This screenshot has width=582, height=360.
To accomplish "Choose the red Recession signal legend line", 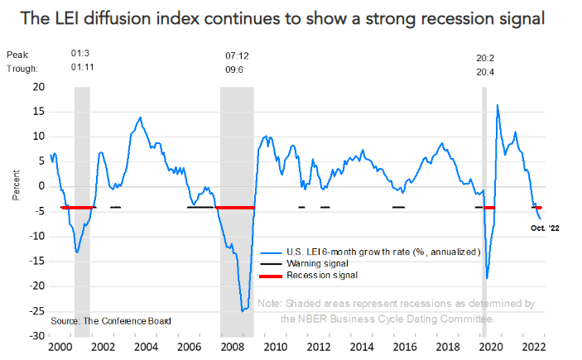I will click(x=271, y=274).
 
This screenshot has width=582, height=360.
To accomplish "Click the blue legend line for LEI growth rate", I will click(x=271, y=252).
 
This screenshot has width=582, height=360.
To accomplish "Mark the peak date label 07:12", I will click(x=237, y=55).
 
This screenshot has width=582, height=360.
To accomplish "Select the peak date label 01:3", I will click(x=81, y=55).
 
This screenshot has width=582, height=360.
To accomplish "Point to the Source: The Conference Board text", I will click(x=111, y=320).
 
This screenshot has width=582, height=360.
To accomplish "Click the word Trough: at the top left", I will click(x=23, y=69).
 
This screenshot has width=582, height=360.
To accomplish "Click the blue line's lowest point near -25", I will click(x=243, y=311).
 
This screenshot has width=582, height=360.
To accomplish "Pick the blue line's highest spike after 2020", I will click(x=497, y=105).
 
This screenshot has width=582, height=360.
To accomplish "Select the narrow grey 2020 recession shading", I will click(x=484, y=207).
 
